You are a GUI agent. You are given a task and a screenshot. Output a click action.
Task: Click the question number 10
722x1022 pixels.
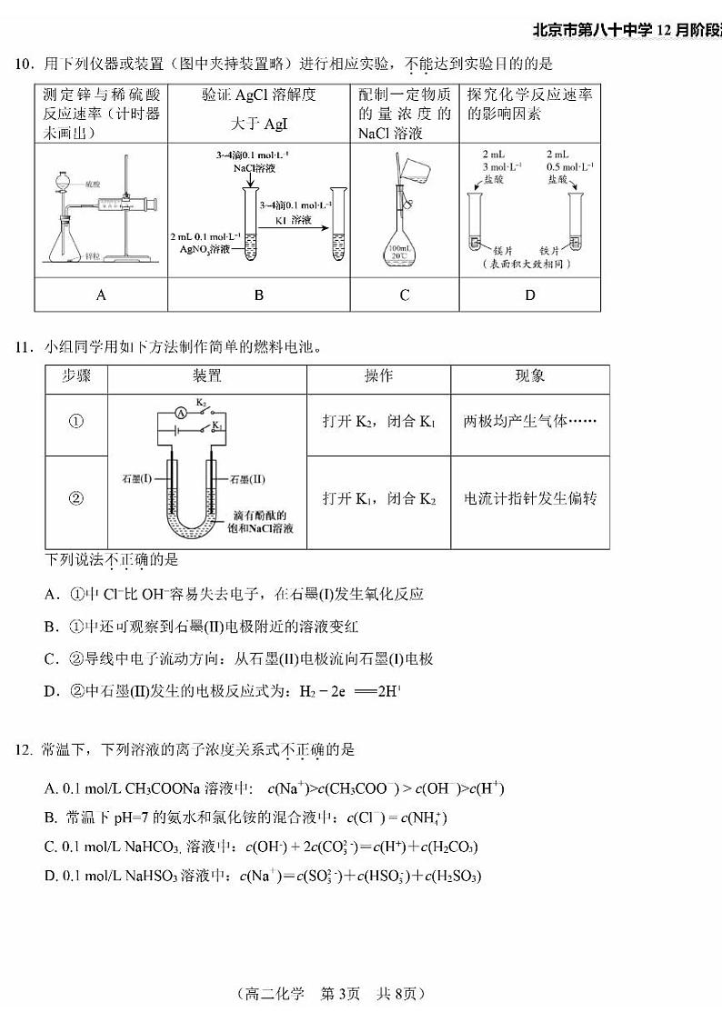tap(22, 64)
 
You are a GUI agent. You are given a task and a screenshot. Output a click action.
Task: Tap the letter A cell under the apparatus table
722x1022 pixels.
tap(101, 295)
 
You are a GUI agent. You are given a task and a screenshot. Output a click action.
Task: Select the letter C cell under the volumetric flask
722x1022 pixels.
tap(405, 295)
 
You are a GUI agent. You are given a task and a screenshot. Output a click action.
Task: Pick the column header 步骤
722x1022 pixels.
tap(76, 376)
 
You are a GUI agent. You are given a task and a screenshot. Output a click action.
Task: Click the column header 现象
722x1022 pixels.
tap(530, 376)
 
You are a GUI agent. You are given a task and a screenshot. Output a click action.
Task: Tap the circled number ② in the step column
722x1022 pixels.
tap(76, 498)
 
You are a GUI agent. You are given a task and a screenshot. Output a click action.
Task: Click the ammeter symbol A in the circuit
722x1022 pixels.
tap(181, 413)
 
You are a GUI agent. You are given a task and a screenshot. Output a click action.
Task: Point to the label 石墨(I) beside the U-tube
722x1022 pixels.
tap(141, 478)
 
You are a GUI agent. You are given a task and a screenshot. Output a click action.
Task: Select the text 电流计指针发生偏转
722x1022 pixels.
tap(530, 498)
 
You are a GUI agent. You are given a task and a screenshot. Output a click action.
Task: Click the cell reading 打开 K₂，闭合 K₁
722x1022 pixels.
tap(379, 421)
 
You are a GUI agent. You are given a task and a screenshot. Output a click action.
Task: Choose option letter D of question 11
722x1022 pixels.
tap(52, 692)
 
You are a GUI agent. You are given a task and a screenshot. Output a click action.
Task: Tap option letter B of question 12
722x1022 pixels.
tap(50, 817)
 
